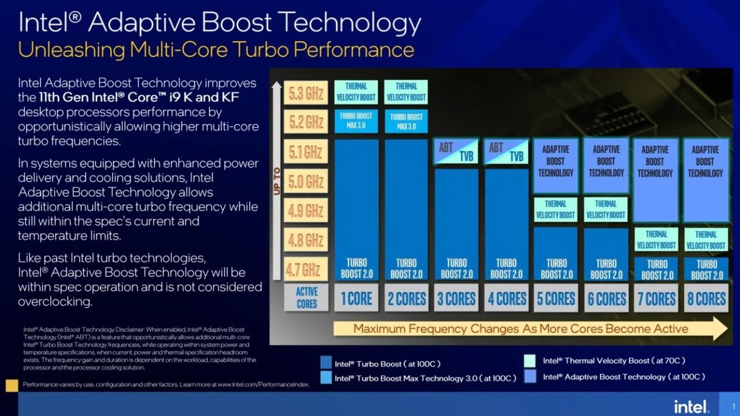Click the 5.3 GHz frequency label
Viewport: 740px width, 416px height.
click(x=306, y=92)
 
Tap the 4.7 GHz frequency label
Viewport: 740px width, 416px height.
click(x=306, y=269)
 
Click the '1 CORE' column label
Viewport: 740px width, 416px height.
click(x=356, y=298)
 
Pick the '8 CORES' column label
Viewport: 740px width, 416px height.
click(x=705, y=298)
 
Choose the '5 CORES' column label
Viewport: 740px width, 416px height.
click(x=556, y=298)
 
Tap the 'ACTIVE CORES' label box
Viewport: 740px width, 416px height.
click(x=306, y=298)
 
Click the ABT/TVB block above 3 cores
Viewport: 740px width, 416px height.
click(x=456, y=151)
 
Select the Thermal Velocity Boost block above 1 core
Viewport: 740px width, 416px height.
click(x=356, y=92)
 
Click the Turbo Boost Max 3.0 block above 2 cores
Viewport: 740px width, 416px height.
click(x=406, y=121)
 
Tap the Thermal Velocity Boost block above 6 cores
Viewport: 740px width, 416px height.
click(x=606, y=209)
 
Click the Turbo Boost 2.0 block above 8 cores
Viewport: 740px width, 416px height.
click(x=706, y=269)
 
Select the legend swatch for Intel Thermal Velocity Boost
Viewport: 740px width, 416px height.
click(x=530, y=361)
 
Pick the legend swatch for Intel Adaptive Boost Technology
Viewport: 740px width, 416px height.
click(x=530, y=377)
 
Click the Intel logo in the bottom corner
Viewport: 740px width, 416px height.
click(x=691, y=406)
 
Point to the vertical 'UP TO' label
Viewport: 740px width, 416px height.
click(x=277, y=181)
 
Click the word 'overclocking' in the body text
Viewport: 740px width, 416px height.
click(x=55, y=302)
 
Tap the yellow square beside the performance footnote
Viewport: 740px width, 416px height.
click(x=12, y=385)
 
